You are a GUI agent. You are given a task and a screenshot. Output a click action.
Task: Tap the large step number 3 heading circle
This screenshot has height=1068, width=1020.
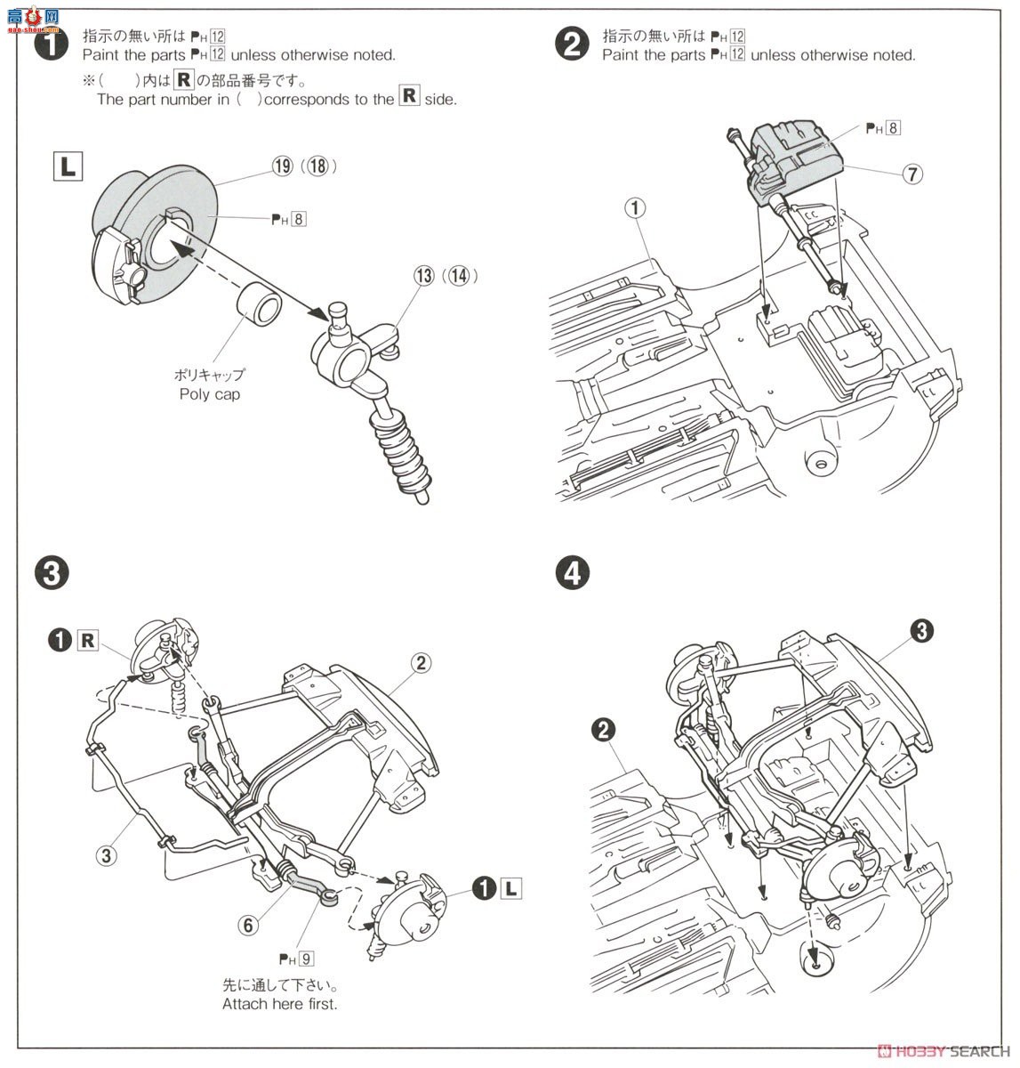coord(51,572)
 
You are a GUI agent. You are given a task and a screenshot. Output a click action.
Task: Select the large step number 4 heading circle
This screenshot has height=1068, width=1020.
coord(572,572)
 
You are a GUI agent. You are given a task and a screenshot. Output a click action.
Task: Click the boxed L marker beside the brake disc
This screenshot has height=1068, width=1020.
coord(68,166)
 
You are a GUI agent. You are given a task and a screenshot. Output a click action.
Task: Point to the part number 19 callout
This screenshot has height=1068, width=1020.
coord(283,166)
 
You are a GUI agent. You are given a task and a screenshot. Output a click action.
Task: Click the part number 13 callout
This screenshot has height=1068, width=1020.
coord(422,276)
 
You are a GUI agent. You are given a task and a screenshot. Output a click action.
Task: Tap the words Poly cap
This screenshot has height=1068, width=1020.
coord(209,394)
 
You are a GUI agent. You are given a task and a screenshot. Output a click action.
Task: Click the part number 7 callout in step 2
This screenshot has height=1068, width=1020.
coord(912,174)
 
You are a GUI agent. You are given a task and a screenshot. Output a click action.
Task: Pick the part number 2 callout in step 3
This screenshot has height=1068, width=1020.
coord(421,662)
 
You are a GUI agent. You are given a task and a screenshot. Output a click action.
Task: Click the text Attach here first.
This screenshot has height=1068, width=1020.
coord(280,1004)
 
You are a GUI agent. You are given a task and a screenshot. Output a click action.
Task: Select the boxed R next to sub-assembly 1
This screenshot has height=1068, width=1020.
coord(87,640)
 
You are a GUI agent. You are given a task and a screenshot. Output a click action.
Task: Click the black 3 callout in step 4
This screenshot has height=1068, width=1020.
coord(921,631)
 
